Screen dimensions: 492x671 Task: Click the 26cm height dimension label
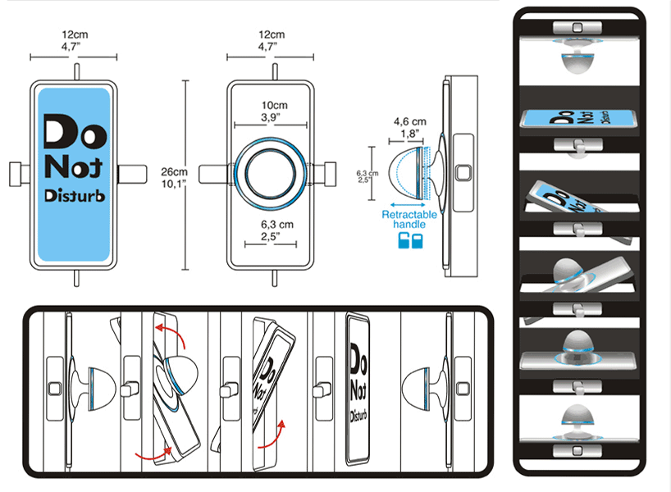click(173, 176)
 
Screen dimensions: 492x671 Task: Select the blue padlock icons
click(409, 240)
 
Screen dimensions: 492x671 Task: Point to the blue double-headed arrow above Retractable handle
click(409, 203)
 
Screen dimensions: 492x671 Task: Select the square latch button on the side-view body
click(463, 174)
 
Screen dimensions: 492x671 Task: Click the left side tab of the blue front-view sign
click(18, 173)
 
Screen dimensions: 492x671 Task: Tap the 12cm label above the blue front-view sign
click(74, 40)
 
